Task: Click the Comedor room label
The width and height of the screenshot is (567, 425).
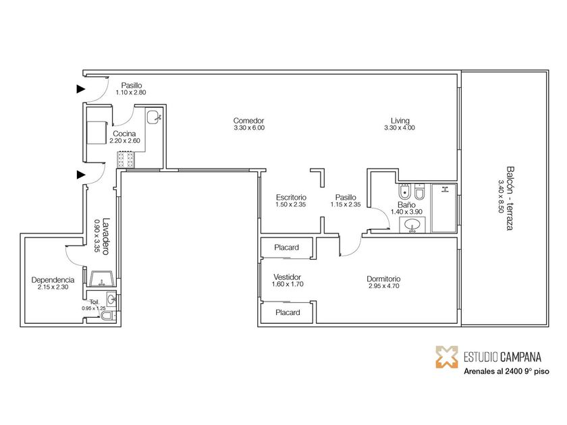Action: click(x=248, y=120)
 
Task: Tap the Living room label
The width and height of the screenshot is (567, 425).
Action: click(x=400, y=120)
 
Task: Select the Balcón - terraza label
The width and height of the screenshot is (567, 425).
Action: click(x=510, y=198)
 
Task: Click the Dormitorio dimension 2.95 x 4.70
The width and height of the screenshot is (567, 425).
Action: click(x=383, y=286)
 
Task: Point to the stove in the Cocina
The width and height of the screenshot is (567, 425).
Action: click(x=126, y=159)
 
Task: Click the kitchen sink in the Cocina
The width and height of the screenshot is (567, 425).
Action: click(x=154, y=116)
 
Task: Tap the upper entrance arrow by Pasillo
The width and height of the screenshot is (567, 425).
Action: click(x=81, y=89)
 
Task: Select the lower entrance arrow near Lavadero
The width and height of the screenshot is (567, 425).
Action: click(x=81, y=175)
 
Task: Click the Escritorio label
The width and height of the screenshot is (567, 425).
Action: click(x=291, y=197)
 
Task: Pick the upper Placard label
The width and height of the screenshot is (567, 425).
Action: click(x=286, y=248)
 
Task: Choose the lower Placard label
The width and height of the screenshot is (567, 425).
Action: click(x=288, y=312)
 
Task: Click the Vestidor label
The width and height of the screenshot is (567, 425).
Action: click(x=287, y=277)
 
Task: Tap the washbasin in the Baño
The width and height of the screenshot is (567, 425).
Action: click(x=412, y=225)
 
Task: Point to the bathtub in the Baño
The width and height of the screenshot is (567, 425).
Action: click(x=444, y=208)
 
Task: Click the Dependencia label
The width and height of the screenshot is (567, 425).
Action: click(x=53, y=280)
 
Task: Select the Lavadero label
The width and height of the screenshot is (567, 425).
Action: click(x=106, y=236)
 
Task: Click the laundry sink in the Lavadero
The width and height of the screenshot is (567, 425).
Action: click(x=103, y=279)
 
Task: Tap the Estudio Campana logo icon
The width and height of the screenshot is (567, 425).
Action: click(x=447, y=357)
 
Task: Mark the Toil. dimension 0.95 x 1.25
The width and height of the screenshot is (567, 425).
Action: click(x=94, y=308)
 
